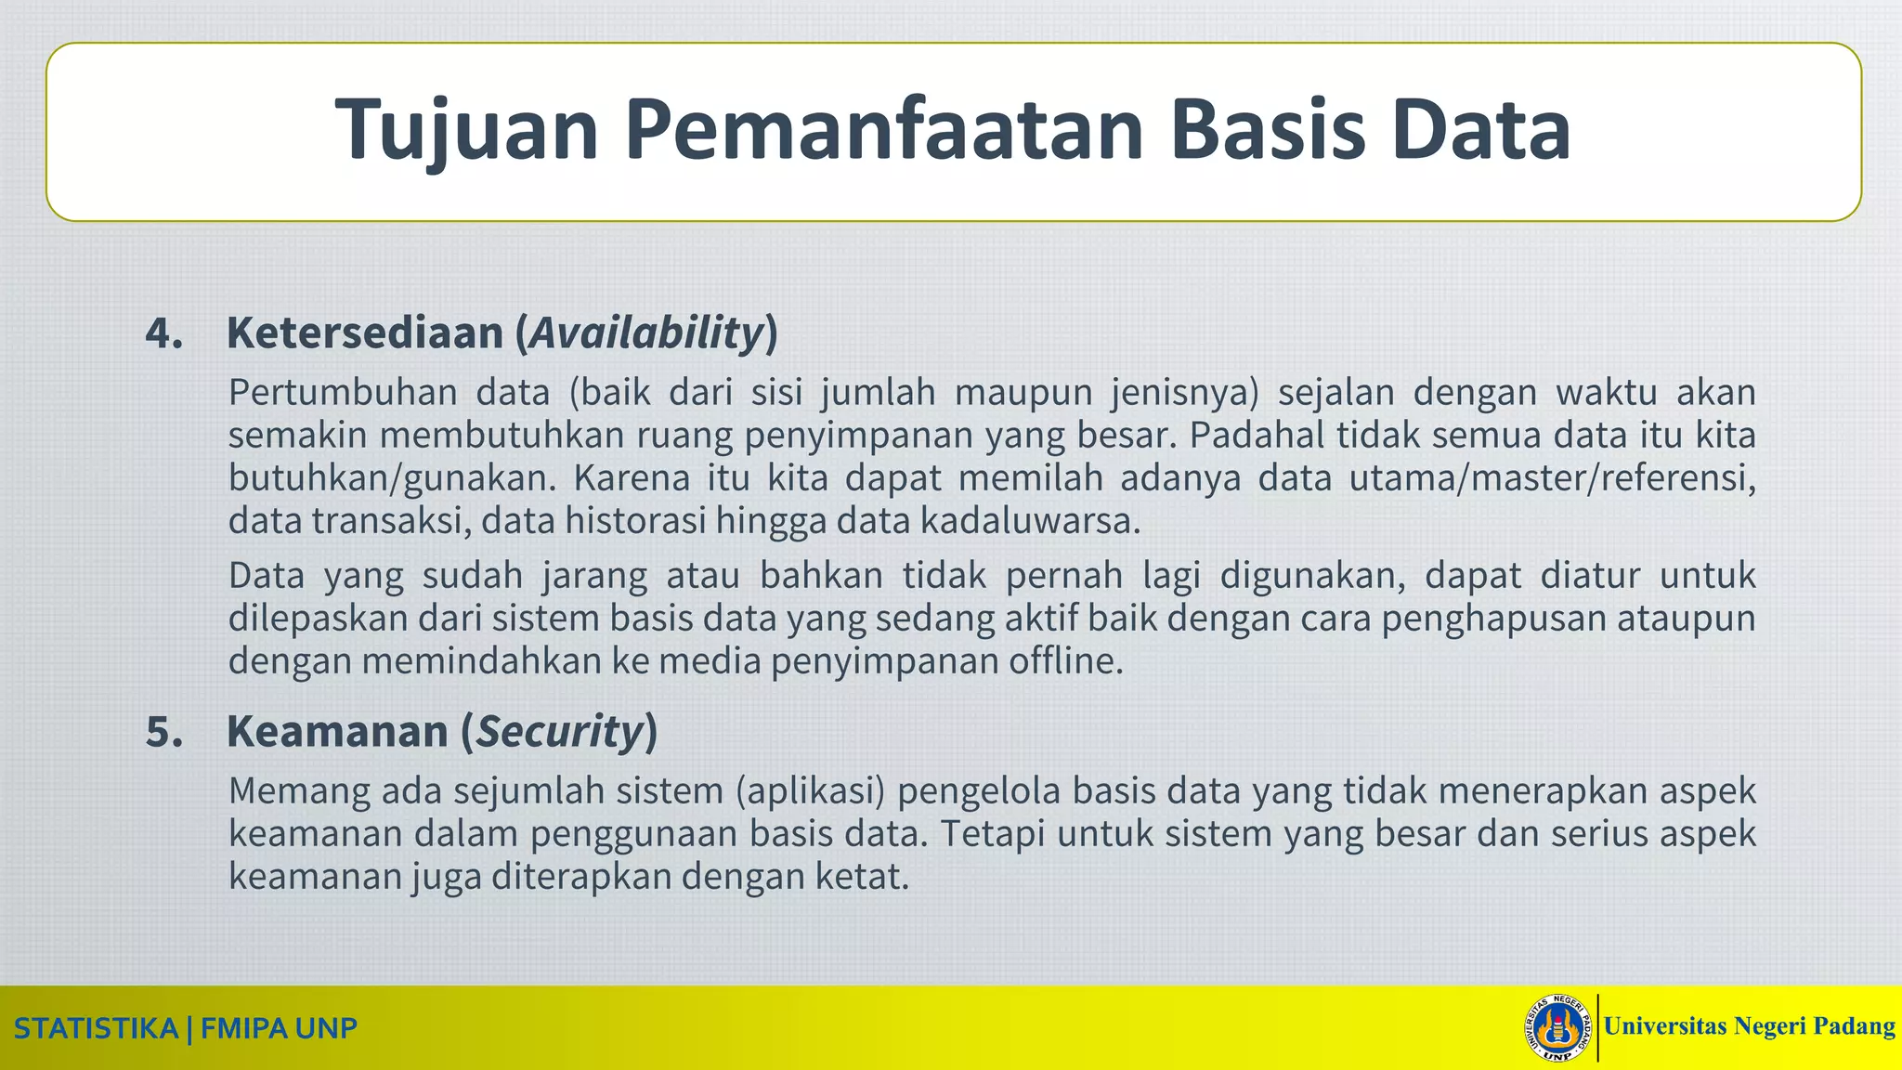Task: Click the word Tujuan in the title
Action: (467, 130)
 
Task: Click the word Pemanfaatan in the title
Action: (883, 130)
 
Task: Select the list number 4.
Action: (163, 333)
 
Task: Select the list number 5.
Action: (164, 732)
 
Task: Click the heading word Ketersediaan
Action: (365, 333)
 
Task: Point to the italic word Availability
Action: (646, 333)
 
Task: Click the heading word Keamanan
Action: (337, 732)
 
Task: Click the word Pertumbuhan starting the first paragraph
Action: (343, 394)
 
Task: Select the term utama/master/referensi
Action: (1552, 479)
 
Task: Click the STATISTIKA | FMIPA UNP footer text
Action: (186, 1028)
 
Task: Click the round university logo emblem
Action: (1558, 1028)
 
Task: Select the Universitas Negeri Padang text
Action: (1749, 1026)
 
